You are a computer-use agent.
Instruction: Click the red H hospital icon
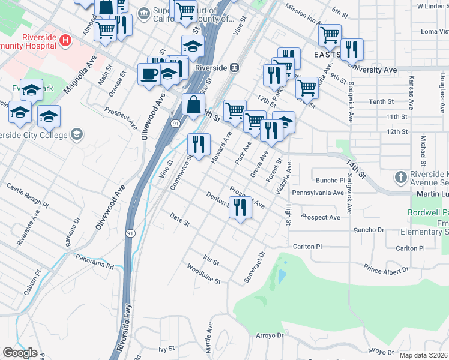(67, 41)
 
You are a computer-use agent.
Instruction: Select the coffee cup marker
(149, 74)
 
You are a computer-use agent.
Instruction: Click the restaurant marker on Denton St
(240, 208)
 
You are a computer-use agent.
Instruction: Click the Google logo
(20, 353)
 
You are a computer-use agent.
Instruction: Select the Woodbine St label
(203, 274)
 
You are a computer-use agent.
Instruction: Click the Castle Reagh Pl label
(27, 196)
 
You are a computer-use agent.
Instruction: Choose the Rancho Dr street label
(369, 230)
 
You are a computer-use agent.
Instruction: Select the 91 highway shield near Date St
(130, 232)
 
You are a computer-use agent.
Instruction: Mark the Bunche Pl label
(331, 180)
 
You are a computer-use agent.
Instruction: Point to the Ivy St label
(166, 348)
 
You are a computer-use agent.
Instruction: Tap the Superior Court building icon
(144, 13)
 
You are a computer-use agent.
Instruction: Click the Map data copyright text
(424, 355)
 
